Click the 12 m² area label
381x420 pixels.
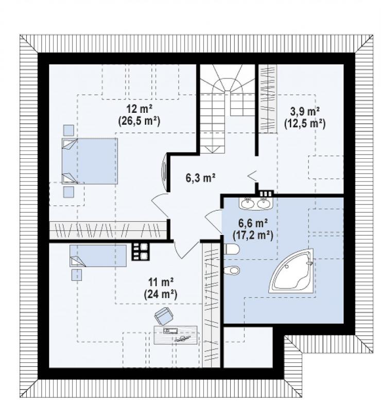[139, 109]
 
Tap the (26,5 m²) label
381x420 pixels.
[139, 121]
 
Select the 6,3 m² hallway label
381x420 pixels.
[201, 177]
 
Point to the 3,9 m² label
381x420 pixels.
[305, 111]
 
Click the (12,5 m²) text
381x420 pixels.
[305, 124]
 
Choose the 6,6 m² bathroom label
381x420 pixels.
[253, 223]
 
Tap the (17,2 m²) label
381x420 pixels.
[253, 236]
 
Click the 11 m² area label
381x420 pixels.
[161, 282]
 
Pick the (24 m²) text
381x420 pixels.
[161, 294]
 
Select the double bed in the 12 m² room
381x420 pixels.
[90, 161]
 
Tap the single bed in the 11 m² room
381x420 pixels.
[98, 256]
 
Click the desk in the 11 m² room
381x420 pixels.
[176, 335]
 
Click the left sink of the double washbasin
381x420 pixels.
[248, 204]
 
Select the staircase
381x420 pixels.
[228, 109]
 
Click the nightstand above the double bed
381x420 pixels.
[68, 130]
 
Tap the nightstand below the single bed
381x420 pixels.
[77, 275]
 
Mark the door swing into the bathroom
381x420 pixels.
[213, 221]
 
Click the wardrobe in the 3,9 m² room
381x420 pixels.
[267, 99]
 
